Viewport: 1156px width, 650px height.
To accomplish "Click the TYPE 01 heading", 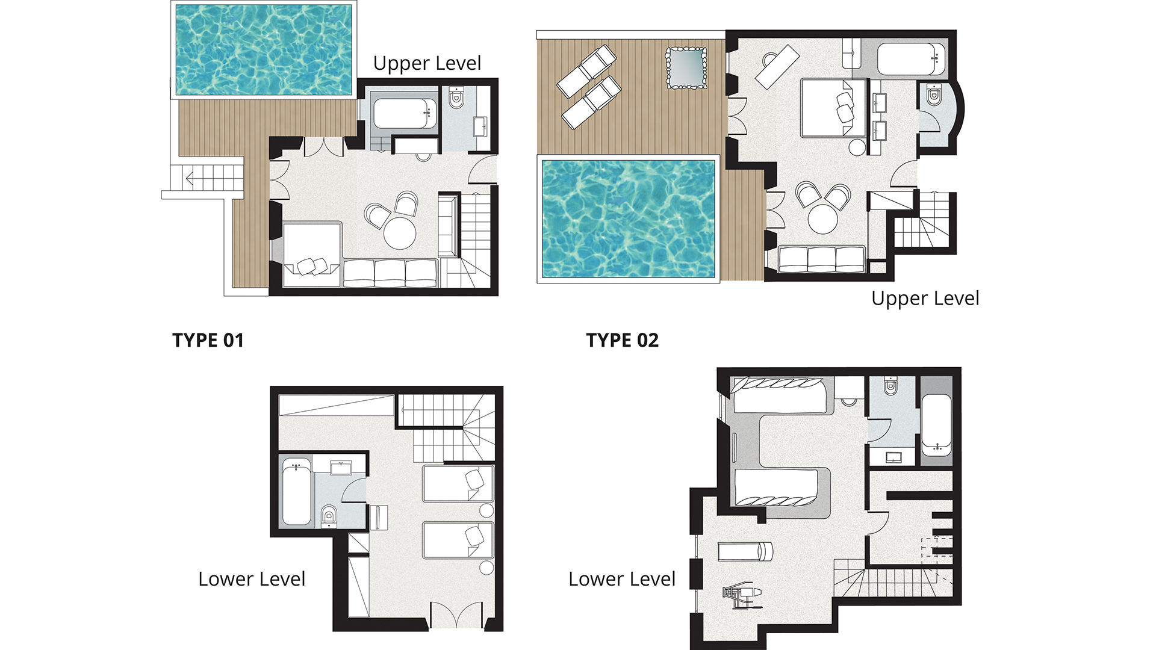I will tap(208, 340).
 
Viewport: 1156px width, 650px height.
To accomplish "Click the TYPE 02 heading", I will tap(622, 340).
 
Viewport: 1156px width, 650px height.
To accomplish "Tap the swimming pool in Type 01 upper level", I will tap(264, 49).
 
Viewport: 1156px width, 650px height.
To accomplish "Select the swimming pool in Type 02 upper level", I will tap(628, 219).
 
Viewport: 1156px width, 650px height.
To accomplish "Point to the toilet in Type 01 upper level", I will tap(456, 97).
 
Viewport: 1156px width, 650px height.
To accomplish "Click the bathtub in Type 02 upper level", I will tap(911, 59).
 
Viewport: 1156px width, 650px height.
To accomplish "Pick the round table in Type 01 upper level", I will tap(400, 233).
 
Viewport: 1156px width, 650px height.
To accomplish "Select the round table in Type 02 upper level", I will tap(822, 218).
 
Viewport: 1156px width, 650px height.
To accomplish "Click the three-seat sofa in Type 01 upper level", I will tap(390, 273).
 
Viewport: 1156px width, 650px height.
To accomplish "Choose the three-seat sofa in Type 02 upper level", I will tap(821, 259).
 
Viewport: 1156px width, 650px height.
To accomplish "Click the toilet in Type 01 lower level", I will tap(329, 515).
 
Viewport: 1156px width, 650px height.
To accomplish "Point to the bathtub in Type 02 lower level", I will tap(936, 424).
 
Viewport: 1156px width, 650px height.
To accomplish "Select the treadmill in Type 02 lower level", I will tap(745, 551).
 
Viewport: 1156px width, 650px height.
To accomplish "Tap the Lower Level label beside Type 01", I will tap(252, 579).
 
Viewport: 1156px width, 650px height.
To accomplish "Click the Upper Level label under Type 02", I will tap(925, 299).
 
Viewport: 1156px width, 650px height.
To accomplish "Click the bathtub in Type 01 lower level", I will tap(296, 491).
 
